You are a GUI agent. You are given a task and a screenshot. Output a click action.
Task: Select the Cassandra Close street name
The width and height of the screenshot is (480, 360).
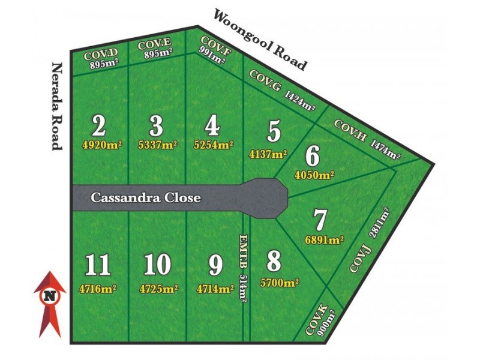coord(145,197)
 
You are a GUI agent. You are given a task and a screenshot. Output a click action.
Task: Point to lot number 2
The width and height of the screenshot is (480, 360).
coord(100,126)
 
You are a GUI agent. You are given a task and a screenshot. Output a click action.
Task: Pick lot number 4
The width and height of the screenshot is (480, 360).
coord(212,127)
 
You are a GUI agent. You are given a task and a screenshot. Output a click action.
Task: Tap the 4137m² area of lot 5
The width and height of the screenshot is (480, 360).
coord(268,154)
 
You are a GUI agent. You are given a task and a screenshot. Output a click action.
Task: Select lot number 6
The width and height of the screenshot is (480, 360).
coord(313,156)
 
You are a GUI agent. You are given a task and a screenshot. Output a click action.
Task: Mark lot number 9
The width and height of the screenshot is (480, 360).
coord(215,265)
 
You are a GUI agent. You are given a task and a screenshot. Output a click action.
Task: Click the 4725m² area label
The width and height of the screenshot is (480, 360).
coord(158,289)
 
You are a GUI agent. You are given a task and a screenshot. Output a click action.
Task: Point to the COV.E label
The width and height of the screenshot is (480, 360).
coord(154,45)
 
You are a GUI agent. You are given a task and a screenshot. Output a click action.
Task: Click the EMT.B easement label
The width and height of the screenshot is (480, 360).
coord(243,247)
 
